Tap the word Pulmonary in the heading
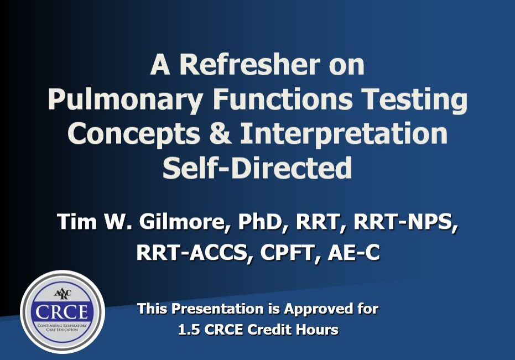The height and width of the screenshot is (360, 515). tap(126, 101)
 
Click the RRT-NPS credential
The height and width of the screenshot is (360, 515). tap(405, 222)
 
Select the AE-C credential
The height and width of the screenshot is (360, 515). tap(353, 253)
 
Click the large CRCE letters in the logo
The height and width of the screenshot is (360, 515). tap(62, 312)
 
